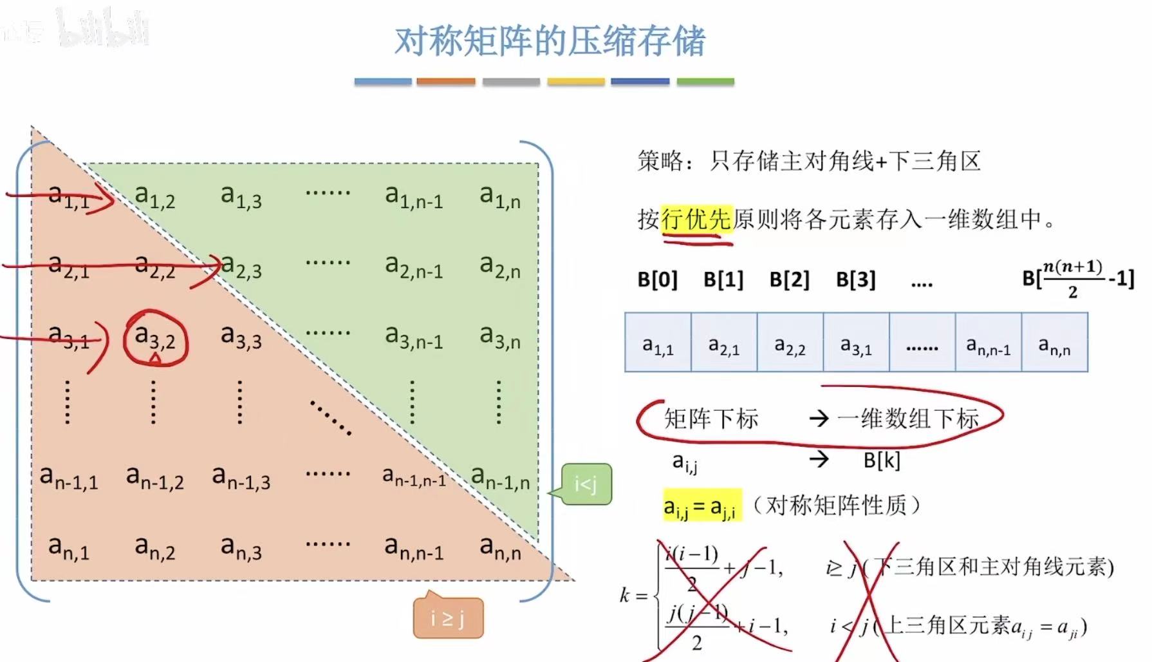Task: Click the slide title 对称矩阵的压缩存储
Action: click(550, 41)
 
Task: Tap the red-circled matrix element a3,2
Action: click(155, 338)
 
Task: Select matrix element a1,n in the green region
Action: click(500, 196)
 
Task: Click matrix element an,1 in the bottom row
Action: click(69, 549)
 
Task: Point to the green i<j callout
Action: click(586, 484)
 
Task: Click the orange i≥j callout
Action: click(448, 618)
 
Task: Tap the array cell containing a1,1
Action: click(658, 343)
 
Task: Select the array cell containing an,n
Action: click(1054, 343)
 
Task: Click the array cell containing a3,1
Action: click(856, 343)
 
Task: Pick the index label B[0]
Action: click(657, 279)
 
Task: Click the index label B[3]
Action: click(855, 279)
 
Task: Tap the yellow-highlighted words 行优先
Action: click(696, 220)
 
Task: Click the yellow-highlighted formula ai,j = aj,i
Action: click(701, 506)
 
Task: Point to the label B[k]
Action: click(882, 460)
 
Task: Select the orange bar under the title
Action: click(445, 82)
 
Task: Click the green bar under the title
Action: click(705, 82)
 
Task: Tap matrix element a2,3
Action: click(241, 267)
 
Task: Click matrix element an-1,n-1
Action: click(414, 477)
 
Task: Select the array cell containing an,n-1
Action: click(988, 343)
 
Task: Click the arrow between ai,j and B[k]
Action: click(819, 459)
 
